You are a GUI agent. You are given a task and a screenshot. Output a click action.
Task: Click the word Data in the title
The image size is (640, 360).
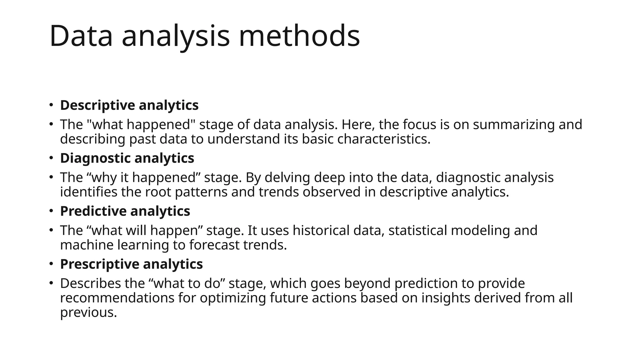tap(81, 36)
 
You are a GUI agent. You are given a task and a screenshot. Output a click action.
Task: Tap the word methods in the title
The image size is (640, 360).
tap(299, 36)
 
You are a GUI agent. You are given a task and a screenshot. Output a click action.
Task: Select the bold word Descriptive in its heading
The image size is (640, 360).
tap(97, 105)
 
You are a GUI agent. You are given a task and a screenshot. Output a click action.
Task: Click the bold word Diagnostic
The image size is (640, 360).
tap(95, 158)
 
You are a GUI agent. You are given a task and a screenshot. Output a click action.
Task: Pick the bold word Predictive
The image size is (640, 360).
tap(93, 211)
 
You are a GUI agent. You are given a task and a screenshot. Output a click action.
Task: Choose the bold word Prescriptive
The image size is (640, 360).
tap(97, 264)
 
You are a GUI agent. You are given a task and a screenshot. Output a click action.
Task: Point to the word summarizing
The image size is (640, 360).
tap(513, 125)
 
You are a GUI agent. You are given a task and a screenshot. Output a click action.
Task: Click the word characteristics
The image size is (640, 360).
tap(384, 139)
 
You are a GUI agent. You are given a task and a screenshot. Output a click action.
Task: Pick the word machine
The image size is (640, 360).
tap(87, 245)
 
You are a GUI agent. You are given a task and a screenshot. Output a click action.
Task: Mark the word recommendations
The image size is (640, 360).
tap(117, 298)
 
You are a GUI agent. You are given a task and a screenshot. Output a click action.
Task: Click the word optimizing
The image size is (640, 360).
tap(233, 298)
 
